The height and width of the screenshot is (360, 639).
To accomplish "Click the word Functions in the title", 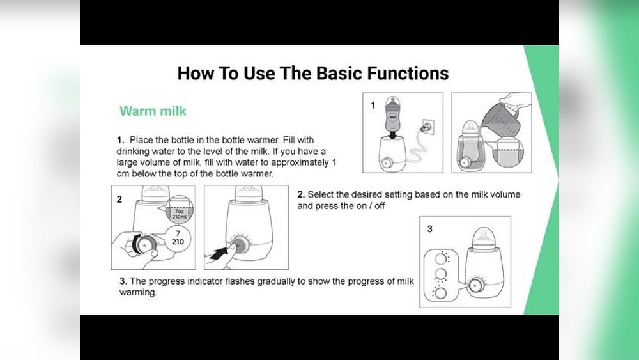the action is [408, 74].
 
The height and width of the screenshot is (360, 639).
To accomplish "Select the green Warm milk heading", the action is [153, 111].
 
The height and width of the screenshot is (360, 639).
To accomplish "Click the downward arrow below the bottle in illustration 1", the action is [392, 134].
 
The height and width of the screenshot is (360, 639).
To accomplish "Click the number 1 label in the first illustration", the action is [373, 106].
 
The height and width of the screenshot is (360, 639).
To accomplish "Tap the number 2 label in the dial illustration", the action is [119, 200].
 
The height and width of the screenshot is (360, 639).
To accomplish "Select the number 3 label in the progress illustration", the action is [429, 229].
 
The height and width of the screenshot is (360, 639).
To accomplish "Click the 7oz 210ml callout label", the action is [180, 214].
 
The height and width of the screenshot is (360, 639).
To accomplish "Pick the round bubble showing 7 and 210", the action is [178, 238].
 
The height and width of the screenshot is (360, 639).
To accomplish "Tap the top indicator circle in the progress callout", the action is [440, 258].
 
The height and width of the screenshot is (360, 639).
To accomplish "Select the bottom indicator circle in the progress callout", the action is [440, 293].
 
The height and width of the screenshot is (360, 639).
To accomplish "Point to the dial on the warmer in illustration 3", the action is [474, 285].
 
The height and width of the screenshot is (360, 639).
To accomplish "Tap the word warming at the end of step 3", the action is [138, 292].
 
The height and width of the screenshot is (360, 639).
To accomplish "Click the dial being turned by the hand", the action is [143, 245].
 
